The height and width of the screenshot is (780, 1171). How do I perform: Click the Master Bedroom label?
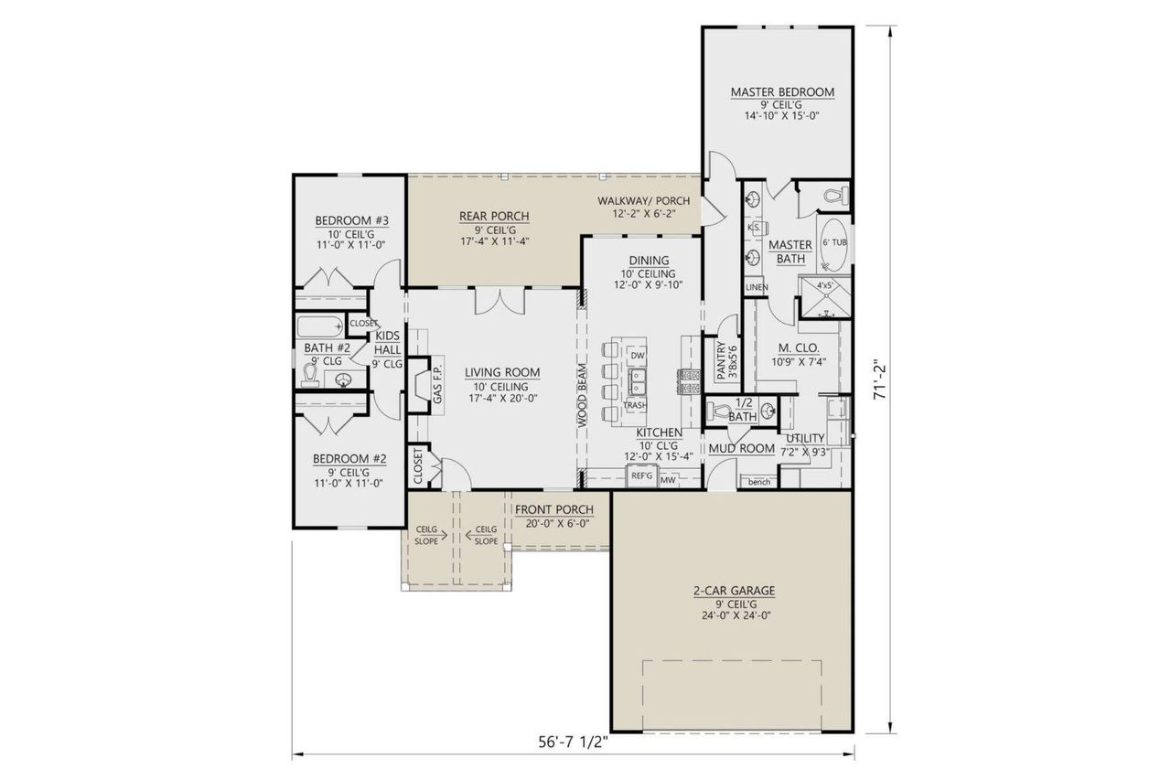(781, 92)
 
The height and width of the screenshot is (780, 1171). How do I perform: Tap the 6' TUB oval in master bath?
(833, 244)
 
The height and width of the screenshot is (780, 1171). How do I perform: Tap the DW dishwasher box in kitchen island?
(638, 355)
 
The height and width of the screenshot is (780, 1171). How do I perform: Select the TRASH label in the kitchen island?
(635, 405)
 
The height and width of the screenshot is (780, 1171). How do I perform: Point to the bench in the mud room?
(758, 482)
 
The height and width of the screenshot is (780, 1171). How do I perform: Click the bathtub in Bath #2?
(320, 326)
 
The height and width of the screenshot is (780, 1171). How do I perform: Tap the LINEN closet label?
(756, 288)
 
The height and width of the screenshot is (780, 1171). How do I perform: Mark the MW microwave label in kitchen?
(668, 478)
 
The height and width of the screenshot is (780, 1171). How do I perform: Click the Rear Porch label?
(494, 217)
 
